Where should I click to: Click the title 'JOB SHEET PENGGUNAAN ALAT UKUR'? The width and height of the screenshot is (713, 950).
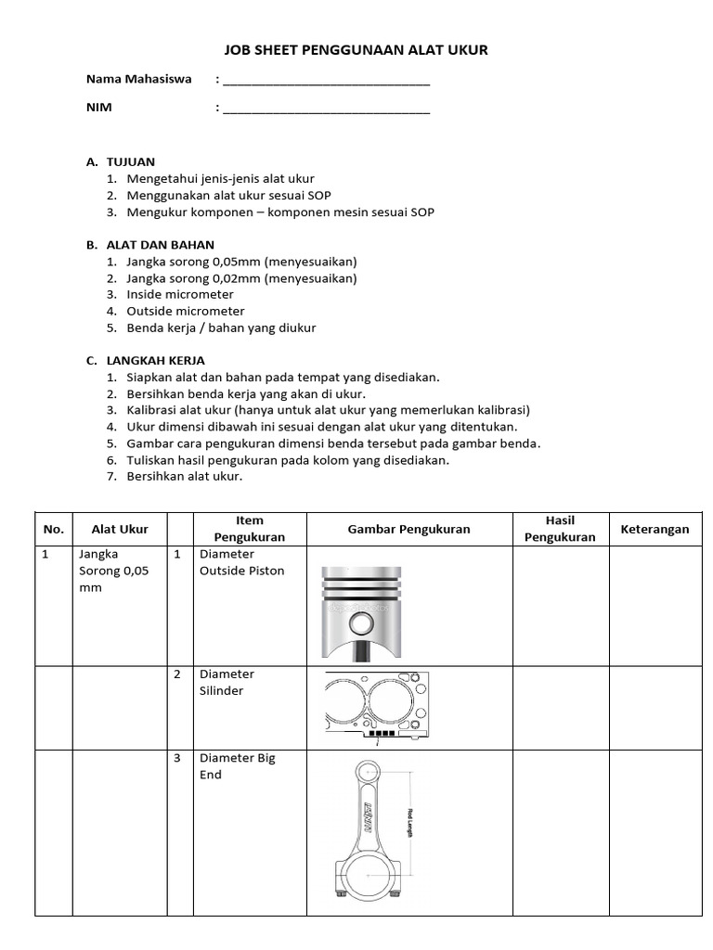pyautogui.click(x=356, y=50)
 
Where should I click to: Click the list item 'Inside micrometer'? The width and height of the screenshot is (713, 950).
pyautogui.click(x=180, y=295)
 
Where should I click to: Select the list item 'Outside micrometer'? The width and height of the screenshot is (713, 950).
pyautogui.click(x=185, y=312)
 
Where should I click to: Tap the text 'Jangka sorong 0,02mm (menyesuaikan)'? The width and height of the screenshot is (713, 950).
pyautogui.click(x=241, y=278)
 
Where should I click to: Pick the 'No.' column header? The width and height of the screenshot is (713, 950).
pyautogui.click(x=53, y=530)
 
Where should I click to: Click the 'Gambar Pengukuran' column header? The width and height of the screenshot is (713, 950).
pyautogui.click(x=408, y=530)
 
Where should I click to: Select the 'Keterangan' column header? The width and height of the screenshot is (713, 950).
pyautogui.click(x=655, y=530)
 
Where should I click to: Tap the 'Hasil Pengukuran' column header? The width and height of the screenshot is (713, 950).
pyautogui.click(x=560, y=529)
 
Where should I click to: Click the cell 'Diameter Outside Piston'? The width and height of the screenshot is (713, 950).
pyautogui.click(x=242, y=562)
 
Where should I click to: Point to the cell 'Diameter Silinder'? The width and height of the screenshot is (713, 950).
pyautogui.click(x=227, y=683)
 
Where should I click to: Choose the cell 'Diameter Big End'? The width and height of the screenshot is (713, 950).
pyautogui.click(x=237, y=766)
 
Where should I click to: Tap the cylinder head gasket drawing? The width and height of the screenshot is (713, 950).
pyautogui.click(x=378, y=708)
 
